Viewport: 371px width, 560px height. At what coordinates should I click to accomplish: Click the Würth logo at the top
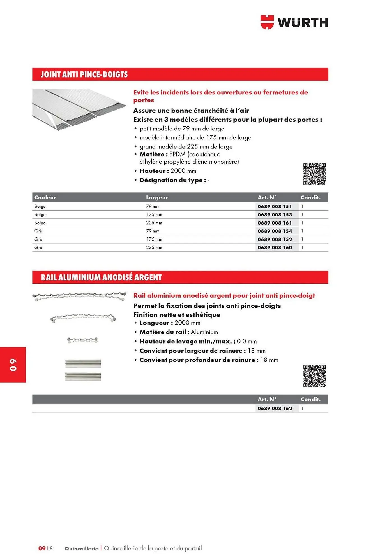click(x=294, y=22)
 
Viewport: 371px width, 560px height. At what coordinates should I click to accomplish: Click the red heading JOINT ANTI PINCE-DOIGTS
click(x=84, y=74)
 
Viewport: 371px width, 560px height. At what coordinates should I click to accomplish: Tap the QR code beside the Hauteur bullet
click(x=314, y=174)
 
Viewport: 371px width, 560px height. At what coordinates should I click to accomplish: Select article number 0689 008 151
click(x=275, y=206)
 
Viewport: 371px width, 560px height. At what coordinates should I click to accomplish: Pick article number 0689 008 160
click(x=275, y=248)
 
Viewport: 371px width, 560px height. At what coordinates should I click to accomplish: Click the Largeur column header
click(x=157, y=197)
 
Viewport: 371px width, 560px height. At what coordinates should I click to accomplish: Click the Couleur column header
click(x=45, y=197)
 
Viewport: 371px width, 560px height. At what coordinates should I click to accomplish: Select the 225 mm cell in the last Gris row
click(x=154, y=248)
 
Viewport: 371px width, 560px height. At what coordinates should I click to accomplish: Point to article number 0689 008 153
click(x=275, y=215)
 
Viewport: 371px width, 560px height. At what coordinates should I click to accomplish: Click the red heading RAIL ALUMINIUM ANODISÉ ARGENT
click(x=101, y=277)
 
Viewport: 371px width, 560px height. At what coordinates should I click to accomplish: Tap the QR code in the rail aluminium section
click(x=314, y=376)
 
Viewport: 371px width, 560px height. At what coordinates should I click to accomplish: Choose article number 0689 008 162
click(x=275, y=409)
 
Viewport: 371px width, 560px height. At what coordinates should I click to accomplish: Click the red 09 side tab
click(x=13, y=365)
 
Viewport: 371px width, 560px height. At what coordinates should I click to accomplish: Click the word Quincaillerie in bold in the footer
click(x=81, y=549)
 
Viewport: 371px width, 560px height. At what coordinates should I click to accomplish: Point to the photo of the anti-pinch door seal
click(x=79, y=109)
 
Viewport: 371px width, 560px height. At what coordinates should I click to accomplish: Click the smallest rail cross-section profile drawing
click(x=82, y=340)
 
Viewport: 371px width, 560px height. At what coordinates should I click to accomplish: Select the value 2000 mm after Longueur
click(x=187, y=323)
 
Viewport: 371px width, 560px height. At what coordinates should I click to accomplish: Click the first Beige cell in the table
click(x=40, y=206)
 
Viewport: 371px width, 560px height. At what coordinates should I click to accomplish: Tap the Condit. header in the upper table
click(x=310, y=197)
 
